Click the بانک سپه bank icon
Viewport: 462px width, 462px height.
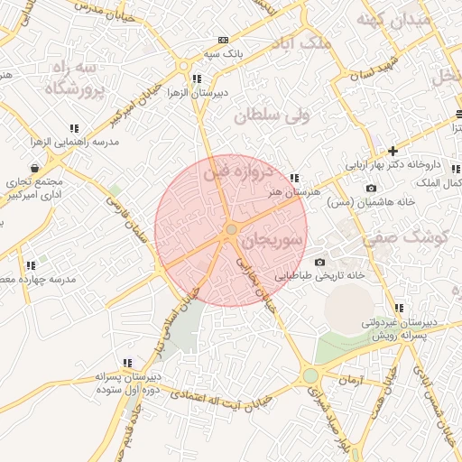[223, 40]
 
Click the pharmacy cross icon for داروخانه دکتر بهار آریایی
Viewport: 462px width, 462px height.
[393, 151]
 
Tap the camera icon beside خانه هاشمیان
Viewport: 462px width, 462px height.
[371, 188]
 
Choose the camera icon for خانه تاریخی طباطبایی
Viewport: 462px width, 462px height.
[319, 262]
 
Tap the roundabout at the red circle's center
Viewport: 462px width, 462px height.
[232, 231]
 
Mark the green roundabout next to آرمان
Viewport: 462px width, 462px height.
[311, 374]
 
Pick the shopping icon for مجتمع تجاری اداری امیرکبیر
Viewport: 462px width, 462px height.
[34, 167]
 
